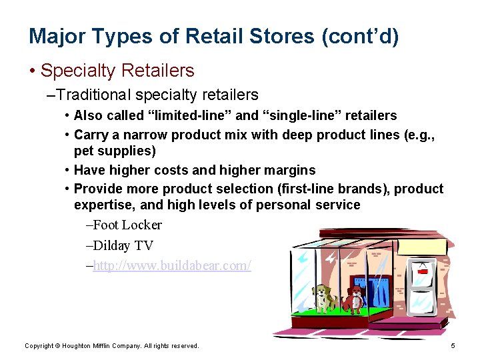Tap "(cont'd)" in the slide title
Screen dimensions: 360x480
(360, 36)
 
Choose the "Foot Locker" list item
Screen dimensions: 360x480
(128, 225)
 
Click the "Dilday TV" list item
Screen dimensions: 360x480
(124, 245)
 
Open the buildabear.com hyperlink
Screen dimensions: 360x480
(172, 265)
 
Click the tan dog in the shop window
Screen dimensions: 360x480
(324, 297)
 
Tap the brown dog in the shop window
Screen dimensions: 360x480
(355, 299)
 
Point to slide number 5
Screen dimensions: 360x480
(453, 345)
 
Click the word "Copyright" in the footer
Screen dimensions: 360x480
(40, 345)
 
